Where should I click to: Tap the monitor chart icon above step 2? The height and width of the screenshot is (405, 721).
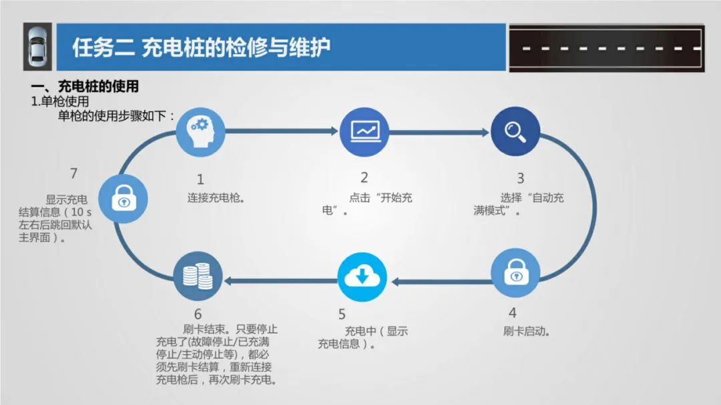click(364, 131)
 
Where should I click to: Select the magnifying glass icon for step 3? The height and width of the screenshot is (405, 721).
click(515, 131)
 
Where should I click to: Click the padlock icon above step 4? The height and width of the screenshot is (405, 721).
click(515, 272)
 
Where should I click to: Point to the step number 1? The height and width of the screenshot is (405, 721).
click(200, 179)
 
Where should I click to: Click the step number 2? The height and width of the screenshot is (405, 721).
click(364, 177)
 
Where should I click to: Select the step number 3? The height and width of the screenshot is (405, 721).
click(520, 178)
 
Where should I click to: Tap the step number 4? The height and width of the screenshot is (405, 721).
click(513, 312)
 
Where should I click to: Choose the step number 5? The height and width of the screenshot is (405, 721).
click(342, 314)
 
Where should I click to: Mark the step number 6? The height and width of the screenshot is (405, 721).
click(198, 314)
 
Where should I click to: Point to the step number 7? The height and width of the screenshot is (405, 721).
click(73, 173)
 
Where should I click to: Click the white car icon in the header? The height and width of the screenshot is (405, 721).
click(37, 47)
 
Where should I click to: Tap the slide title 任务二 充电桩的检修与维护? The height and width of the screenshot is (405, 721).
click(201, 48)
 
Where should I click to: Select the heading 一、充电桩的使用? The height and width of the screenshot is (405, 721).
click(85, 87)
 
